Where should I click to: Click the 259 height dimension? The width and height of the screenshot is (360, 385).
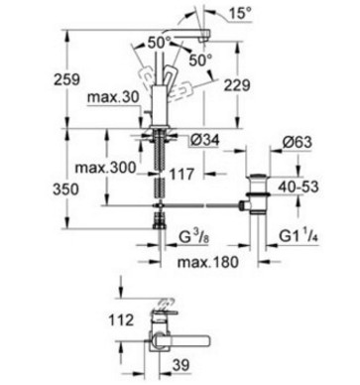67,79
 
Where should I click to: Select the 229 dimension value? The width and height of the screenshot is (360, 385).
237,85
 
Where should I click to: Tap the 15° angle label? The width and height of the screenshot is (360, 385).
240,14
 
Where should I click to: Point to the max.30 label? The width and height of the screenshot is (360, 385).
113,97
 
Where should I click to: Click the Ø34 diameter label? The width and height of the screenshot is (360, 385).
205,141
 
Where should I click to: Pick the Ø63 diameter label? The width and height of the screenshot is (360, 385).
298,142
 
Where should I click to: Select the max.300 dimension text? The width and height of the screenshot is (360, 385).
105,168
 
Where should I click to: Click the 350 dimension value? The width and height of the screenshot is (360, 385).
66,190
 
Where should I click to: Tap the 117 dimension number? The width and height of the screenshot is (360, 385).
181,175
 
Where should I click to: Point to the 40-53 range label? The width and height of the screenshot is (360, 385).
299,187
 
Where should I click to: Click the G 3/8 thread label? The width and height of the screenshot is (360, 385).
194,237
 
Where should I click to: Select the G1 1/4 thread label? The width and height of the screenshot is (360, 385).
299,236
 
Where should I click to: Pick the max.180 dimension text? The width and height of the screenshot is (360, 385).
207,262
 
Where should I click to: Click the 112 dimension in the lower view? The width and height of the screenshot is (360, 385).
121,321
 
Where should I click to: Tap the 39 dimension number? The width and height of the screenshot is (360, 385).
181,365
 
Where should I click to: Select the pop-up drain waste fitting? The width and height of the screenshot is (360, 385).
258,194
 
